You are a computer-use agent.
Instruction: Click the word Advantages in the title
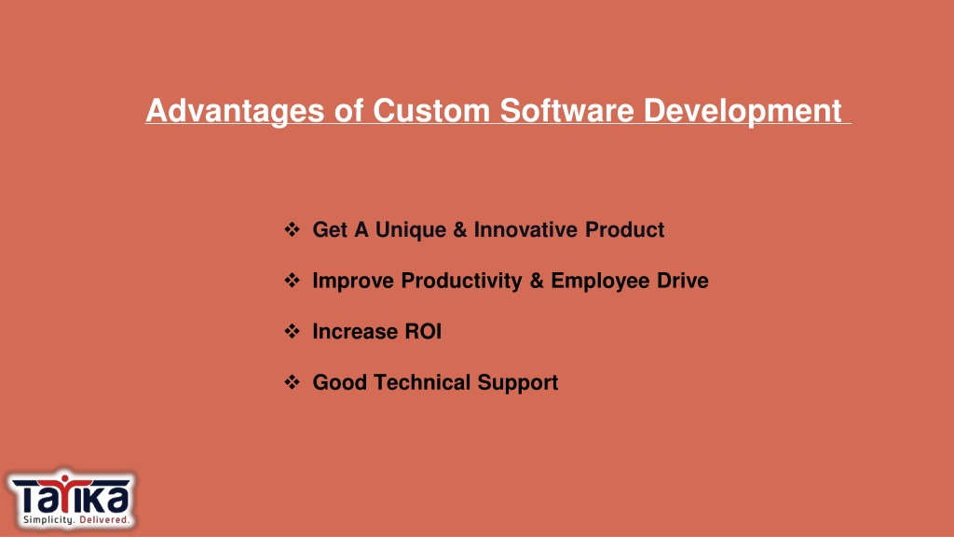pos(235,112)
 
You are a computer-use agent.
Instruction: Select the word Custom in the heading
pos(430,111)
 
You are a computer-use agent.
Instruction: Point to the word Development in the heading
pos(743,112)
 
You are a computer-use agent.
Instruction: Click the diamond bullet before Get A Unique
pos(292,229)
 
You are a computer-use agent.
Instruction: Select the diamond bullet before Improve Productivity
pos(292,281)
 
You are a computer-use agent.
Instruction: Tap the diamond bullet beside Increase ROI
pos(292,331)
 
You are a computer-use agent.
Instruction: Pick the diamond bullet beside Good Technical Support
pos(292,382)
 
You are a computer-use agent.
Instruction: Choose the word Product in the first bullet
pos(625,229)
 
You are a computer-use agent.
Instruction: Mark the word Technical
pos(422,382)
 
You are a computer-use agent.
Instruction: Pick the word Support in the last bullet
pos(518,383)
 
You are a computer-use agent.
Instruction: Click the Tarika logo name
pos(71,495)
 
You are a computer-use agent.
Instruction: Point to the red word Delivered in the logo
pos(104,520)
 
